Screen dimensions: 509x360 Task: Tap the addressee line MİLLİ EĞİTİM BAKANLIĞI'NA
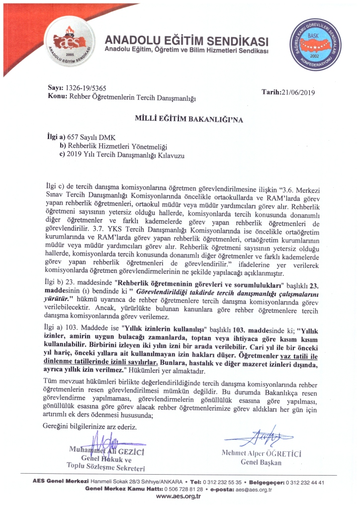[x=182, y=119]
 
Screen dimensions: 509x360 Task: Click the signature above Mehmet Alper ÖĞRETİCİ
[x=257, y=437]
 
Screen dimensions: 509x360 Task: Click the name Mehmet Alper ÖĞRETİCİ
[x=262, y=453]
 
